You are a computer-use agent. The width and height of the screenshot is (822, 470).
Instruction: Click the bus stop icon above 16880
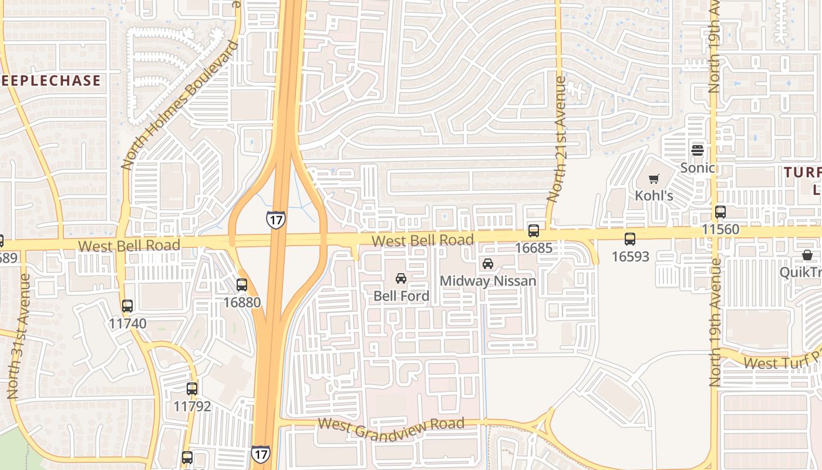coord(241,285)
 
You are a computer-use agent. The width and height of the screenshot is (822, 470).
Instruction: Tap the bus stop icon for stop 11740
coord(127,305)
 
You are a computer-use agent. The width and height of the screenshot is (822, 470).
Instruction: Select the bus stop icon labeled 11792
coord(192,388)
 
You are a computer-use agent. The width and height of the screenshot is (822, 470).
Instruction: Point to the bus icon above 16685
coord(534,231)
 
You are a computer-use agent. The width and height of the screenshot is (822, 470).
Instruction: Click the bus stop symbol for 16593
coord(630,239)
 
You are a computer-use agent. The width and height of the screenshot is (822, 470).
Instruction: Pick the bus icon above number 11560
coord(720,212)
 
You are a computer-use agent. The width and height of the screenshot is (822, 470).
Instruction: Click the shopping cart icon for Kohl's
coord(653,179)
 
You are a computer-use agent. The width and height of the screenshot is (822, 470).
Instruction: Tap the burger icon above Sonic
coord(698,150)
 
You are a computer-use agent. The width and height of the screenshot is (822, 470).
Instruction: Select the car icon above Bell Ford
coord(401,278)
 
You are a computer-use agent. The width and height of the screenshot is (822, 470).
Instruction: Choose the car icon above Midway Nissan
coord(488,263)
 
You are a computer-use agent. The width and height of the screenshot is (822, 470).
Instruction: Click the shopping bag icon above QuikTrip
coord(807,255)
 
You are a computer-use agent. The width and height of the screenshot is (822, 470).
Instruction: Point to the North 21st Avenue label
coord(557,140)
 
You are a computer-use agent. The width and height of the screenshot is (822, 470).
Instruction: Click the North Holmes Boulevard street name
coord(180,106)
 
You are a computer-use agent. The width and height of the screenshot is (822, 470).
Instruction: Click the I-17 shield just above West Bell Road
coord(275,219)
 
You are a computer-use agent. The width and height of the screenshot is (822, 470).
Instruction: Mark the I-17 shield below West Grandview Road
coord(260,454)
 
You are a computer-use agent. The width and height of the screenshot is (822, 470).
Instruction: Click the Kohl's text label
coord(654,195)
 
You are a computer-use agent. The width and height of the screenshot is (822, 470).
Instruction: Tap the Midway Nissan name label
coord(488,281)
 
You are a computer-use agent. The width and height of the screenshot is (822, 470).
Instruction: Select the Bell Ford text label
coord(402,296)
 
